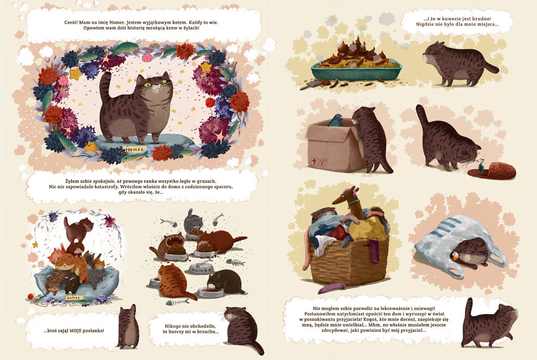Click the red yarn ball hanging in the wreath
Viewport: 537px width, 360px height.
210,102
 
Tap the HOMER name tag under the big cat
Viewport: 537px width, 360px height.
135,149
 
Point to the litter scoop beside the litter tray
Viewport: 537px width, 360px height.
311,85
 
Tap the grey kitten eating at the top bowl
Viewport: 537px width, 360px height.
193,220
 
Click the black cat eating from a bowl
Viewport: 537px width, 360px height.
224,282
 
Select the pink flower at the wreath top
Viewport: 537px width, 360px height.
147,57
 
